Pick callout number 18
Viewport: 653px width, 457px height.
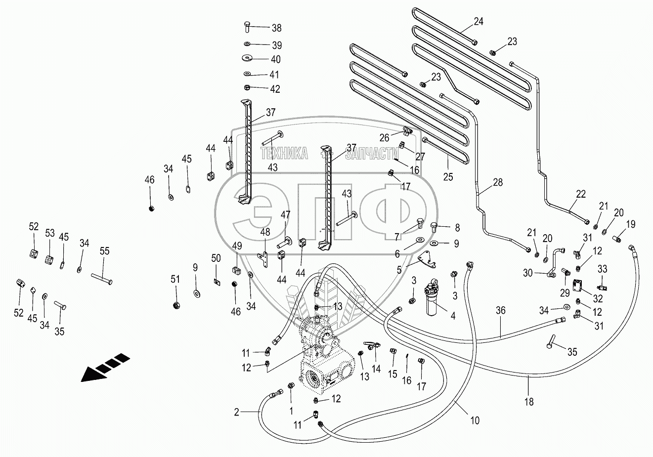(x=529, y=402)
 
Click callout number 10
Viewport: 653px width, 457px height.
(x=475, y=421)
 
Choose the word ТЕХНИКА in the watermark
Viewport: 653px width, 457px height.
(x=284, y=153)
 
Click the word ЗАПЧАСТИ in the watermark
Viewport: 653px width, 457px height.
(x=372, y=153)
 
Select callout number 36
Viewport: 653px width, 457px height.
(x=501, y=310)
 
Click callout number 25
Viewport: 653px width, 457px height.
(x=448, y=177)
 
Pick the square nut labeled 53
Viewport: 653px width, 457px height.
(x=49, y=258)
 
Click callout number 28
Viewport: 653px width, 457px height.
(x=497, y=182)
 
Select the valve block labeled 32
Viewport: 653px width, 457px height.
(x=578, y=287)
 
